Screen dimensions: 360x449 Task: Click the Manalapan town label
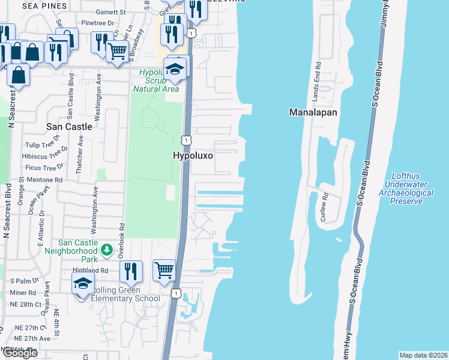coord(313,112)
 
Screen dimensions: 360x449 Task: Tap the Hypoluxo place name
coord(193,155)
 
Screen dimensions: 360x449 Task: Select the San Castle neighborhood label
coord(70,127)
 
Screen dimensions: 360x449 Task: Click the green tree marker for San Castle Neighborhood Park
coord(106,249)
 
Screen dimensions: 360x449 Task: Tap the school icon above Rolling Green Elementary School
coord(83,284)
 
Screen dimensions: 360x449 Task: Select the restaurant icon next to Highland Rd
coord(130,272)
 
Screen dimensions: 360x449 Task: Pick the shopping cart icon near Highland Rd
coord(164,271)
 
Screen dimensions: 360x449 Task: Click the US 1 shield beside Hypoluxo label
coord(187,139)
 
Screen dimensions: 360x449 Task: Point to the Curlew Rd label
coord(324,207)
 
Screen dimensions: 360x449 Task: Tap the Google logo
coord(20,353)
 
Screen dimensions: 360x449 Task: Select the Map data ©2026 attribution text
coord(423,355)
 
